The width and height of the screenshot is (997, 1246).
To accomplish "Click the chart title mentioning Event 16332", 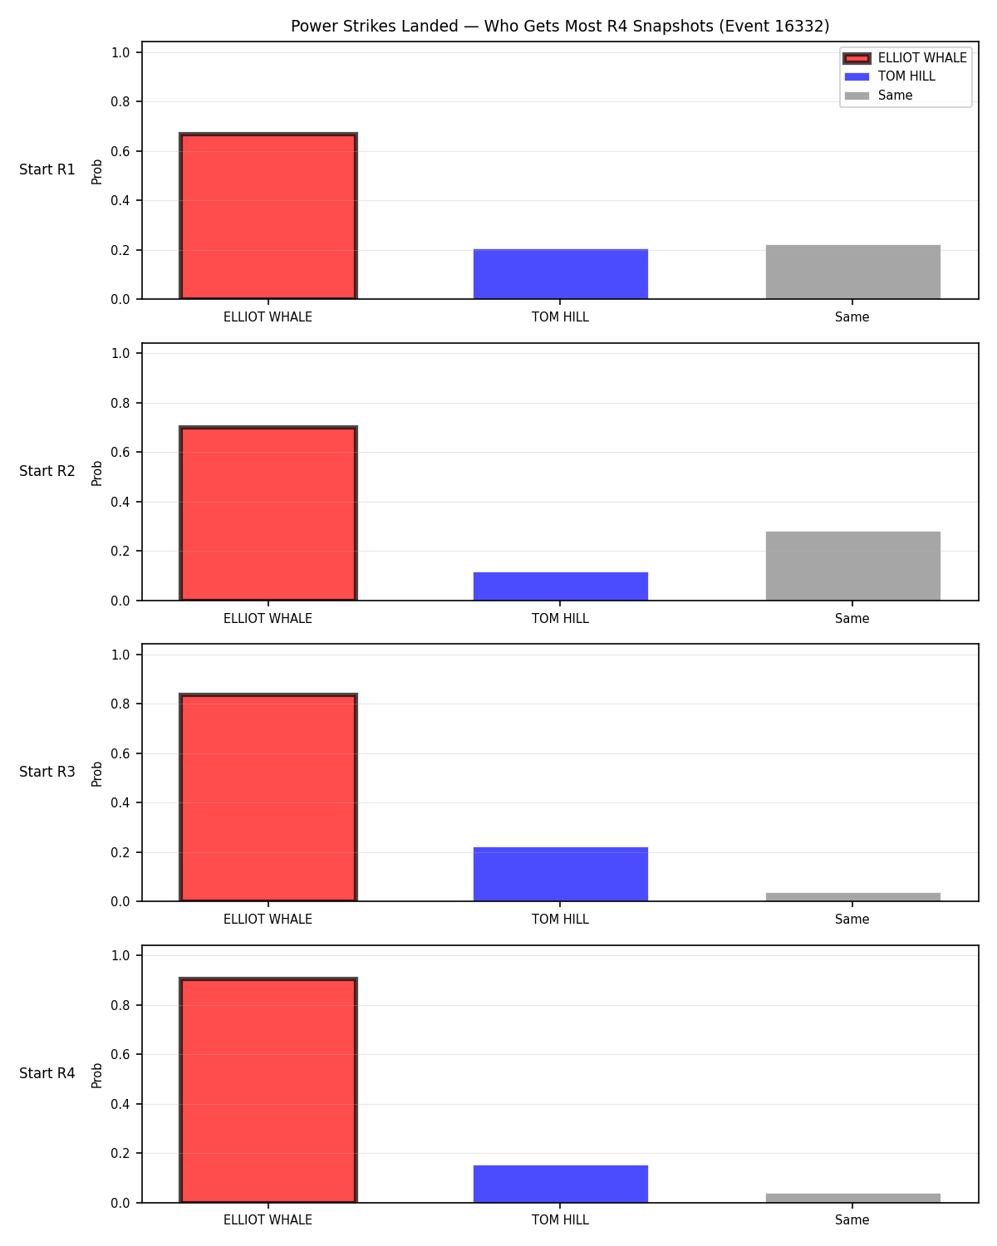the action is pos(560,26).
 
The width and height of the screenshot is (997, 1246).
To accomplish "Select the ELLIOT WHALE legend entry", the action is pos(905,58).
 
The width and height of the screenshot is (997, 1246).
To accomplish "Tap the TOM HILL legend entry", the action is pos(890,76).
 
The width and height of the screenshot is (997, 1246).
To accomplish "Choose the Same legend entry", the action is pos(878,96).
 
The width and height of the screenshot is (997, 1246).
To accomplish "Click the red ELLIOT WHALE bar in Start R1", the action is pos(268,216).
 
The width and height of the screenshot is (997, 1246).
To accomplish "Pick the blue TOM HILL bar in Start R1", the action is pos(560,274).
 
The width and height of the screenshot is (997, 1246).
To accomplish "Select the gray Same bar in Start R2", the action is pos(852,566).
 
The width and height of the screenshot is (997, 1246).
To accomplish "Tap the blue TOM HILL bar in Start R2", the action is pos(560,586).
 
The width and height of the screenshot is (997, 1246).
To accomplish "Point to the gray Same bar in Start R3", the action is pos(852,897).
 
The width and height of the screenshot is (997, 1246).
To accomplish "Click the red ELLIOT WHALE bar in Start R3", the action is pos(268,797).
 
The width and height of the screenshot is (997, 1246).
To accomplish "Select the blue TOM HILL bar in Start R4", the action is pos(560,1184).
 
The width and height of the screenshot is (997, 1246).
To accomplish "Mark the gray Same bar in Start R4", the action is pos(852,1197).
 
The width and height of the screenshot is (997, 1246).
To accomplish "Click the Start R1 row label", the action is pos(47,169).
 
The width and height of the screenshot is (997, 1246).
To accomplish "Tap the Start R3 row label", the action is pos(47,772).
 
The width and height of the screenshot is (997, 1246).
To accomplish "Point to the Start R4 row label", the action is pos(47,1073).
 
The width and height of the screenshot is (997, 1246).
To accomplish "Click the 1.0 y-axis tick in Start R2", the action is pos(120,353).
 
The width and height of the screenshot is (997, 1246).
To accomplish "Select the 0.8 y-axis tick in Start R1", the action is pos(120,102).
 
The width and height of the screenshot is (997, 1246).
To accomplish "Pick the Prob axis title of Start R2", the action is pos(96,473).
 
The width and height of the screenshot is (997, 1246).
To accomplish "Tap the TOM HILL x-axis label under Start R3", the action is pos(560,920).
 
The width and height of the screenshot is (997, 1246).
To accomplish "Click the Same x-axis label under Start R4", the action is pos(852,1220).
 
